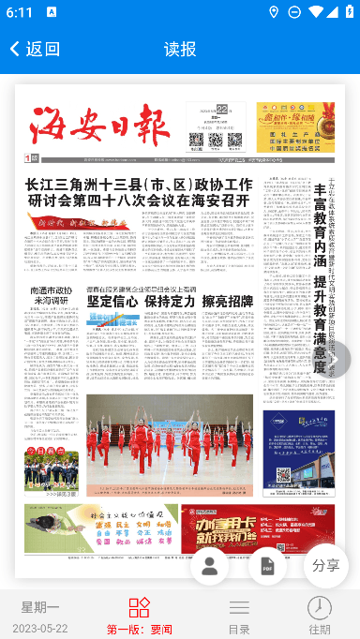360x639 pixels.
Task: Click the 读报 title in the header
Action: (180, 49)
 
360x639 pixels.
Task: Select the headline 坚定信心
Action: (112, 302)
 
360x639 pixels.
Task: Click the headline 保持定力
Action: (170, 302)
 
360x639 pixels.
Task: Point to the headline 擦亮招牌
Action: (227, 302)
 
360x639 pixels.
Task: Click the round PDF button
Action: (267, 566)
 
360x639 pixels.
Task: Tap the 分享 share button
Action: (326, 566)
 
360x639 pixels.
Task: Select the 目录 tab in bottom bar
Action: (239, 616)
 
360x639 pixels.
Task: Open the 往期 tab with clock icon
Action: (320, 616)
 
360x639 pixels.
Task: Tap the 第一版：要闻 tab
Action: (139, 616)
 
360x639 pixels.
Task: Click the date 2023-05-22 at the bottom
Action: (40, 628)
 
